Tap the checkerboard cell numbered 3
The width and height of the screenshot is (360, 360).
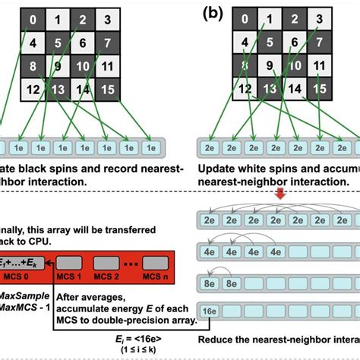pos(108,19)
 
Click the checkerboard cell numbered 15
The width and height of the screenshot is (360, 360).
pos(108,90)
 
